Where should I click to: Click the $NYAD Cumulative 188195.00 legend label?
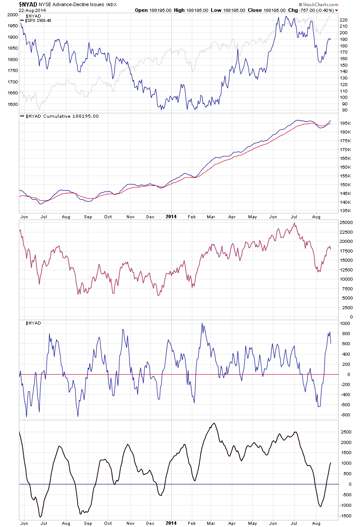[59, 116]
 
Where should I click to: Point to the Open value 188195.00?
[163, 10]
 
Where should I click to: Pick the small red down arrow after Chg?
[337, 10]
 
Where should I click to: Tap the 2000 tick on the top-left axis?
[12, 15]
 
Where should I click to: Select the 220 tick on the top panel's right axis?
[344, 20]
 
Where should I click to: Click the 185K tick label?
[345, 123]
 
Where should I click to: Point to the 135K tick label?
[345, 211]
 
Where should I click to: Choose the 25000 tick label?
[347, 222]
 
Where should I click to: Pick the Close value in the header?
[274, 10]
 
